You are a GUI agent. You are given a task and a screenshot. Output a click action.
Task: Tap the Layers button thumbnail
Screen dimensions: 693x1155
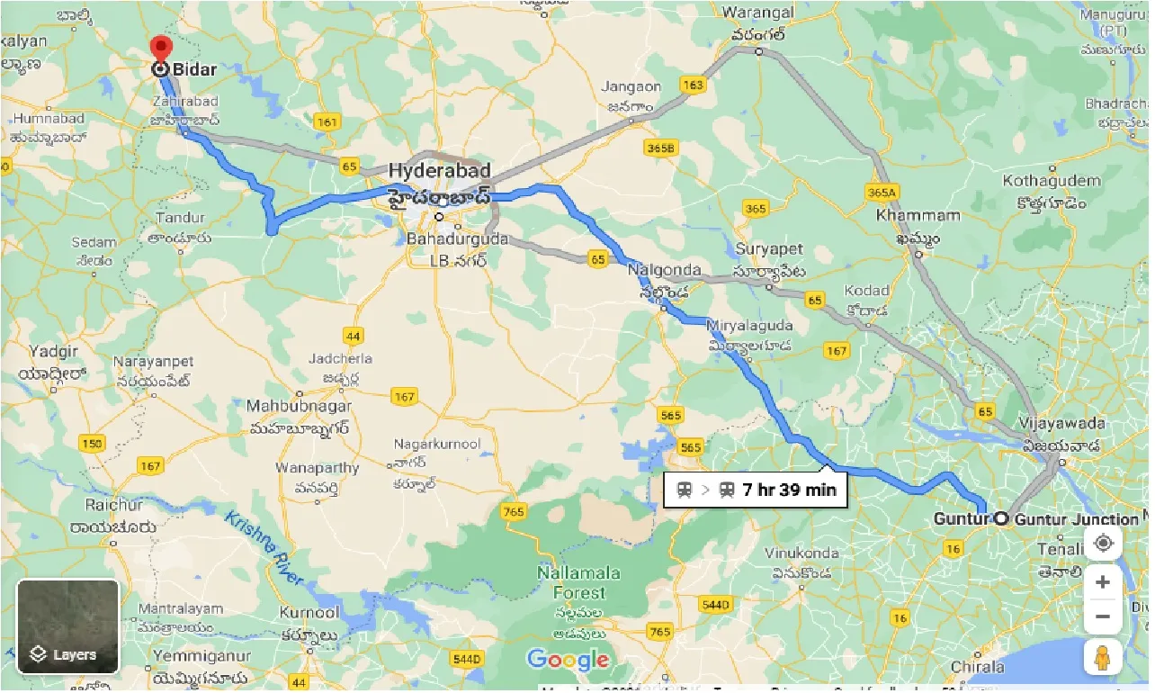click(68, 626)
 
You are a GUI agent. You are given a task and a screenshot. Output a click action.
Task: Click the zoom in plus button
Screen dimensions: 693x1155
click(1103, 582)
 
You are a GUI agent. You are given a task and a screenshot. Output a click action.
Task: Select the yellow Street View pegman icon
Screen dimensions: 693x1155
click(1103, 657)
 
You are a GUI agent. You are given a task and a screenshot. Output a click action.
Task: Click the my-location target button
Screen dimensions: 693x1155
click(1103, 544)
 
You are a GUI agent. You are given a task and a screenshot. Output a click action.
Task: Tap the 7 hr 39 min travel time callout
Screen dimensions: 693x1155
click(756, 490)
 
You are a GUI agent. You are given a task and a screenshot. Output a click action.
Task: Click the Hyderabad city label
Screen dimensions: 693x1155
click(440, 170)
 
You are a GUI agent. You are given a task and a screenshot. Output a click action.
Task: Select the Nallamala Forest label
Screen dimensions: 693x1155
click(571, 582)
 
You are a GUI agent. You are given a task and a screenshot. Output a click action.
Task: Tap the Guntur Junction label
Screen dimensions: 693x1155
click(1076, 519)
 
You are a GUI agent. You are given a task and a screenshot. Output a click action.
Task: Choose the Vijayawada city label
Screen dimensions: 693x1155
click(1061, 422)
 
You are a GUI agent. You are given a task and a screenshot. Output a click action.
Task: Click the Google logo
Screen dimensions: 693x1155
click(568, 660)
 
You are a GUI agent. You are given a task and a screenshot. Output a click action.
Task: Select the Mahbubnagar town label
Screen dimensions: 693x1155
click(300, 407)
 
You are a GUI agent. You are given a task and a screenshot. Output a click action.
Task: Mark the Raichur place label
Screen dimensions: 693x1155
click(113, 505)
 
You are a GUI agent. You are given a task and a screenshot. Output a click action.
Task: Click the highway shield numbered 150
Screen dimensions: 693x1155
click(91, 443)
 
